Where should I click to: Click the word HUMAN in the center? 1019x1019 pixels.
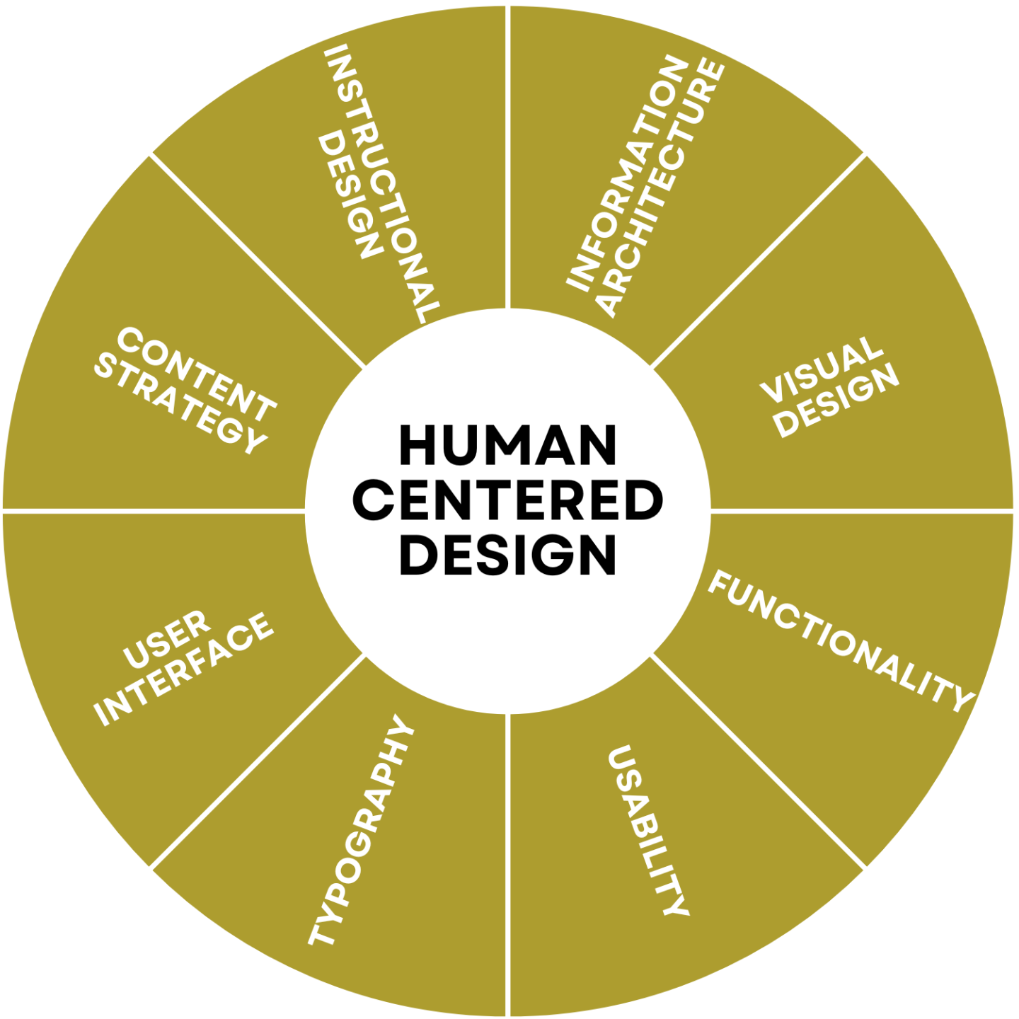tap(507, 446)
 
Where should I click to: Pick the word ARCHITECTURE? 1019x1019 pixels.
tap(662, 188)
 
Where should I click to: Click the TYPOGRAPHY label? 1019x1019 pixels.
tap(361, 831)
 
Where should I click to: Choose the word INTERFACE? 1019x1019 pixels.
tap(184, 669)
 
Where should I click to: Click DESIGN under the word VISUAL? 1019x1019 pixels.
tap(839, 401)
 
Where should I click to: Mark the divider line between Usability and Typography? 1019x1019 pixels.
tap(509, 863)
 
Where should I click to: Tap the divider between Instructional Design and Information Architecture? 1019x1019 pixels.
tap(509, 156)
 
